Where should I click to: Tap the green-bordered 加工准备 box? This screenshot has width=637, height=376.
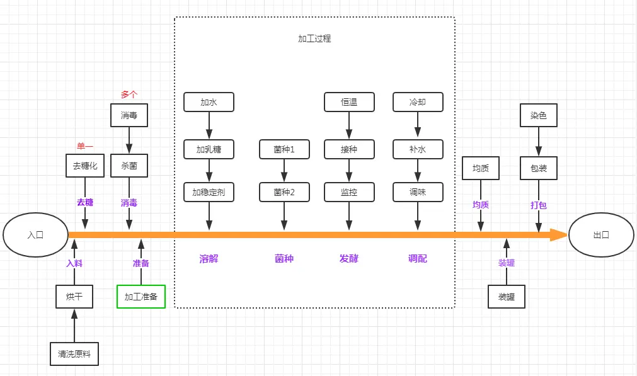point(141,297)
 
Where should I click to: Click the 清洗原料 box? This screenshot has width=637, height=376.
point(74,354)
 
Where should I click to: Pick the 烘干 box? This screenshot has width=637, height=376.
point(74,297)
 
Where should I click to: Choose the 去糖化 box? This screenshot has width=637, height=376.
point(85,166)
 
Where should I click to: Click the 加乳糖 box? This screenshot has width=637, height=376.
point(209,149)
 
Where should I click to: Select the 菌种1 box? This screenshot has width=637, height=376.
point(284,149)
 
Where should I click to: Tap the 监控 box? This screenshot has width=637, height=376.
point(349,192)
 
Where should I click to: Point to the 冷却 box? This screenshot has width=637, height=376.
point(418,102)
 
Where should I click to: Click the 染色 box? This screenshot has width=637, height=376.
point(539,115)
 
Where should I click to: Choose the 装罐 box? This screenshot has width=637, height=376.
point(507,297)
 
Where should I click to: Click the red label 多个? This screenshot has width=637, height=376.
point(129,94)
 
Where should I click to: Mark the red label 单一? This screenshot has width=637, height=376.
point(85,145)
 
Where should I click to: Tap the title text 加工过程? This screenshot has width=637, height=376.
point(314,38)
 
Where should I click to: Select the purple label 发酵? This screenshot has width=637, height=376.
point(349,259)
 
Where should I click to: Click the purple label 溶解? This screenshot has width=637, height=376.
point(209,259)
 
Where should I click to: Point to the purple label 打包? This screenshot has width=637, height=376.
point(539,205)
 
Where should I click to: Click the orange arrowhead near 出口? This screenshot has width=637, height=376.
point(559,235)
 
